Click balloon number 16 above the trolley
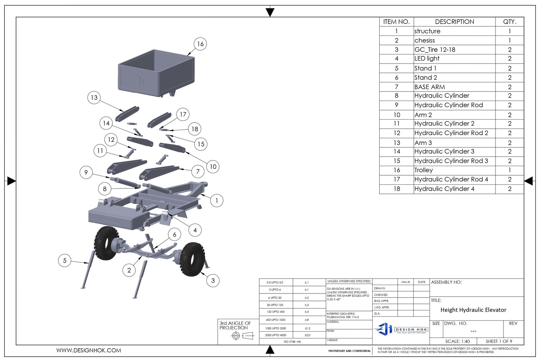pyautogui.click(x=200, y=44)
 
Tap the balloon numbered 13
pyautogui.click(x=94, y=98)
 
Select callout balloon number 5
pyautogui.click(x=65, y=260)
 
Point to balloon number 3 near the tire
pyautogui.click(x=213, y=280)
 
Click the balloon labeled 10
pyautogui.click(x=213, y=166)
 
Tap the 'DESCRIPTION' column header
pyautogui.click(x=454, y=22)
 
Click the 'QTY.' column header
pyautogui.click(x=509, y=22)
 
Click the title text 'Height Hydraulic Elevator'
pyautogui.click(x=473, y=310)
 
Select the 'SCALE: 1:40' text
pyautogui.click(x=457, y=341)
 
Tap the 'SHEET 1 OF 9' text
pyautogui.click(x=499, y=341)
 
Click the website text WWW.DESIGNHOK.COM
pyautogui.click(x=89, y=351)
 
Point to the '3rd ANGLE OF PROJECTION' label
pyautogui.click(x=235, y=326)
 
